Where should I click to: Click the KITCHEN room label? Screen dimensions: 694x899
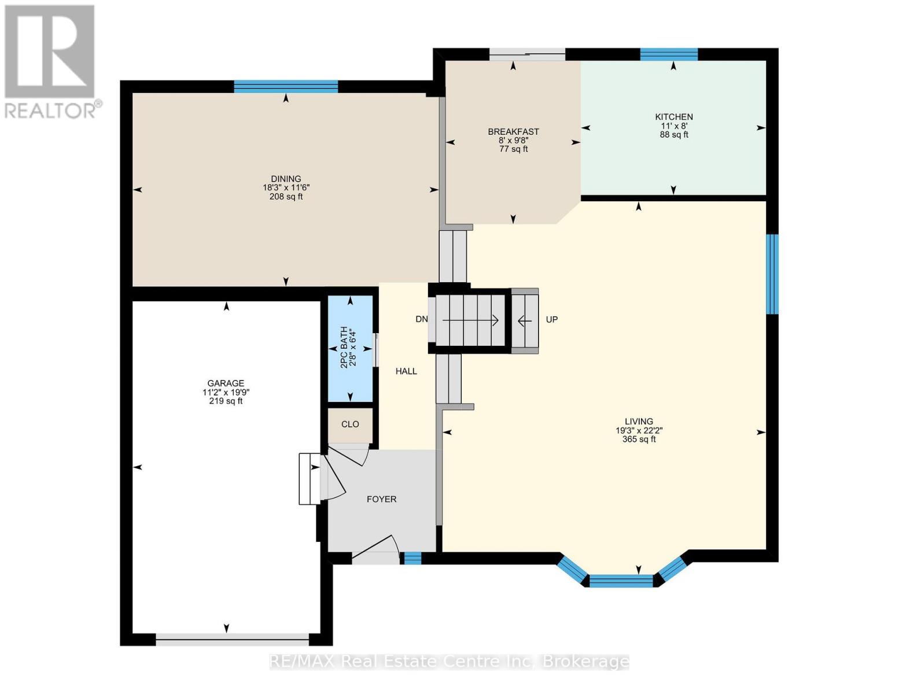[673, 117]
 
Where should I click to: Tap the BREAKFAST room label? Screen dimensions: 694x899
[513, 132]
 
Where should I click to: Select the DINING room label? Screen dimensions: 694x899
[286, 179]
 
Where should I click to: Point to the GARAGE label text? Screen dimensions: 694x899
[226, 383]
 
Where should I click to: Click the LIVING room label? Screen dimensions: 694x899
[639, 422]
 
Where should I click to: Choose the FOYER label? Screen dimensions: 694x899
[381, 499]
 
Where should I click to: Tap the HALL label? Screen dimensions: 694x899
[406, 371]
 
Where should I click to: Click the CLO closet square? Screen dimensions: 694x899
[350, 424]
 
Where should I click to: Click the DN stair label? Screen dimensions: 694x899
[421, 319]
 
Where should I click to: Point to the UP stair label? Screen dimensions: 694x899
[552, 319]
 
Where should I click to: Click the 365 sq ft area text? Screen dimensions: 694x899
[639, 440]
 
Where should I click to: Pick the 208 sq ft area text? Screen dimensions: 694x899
[286, 197]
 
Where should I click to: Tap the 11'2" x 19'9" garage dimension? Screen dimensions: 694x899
[226, 392]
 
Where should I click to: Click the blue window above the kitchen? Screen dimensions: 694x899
[669, 54]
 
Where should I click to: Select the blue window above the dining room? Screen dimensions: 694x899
[286, 86]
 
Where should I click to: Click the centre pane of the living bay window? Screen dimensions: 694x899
[621, 581]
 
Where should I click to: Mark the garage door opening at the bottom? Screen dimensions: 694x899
[233, 639]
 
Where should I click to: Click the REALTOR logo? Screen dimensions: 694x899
[51, 61]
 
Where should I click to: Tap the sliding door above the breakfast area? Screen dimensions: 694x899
[527, 55]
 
